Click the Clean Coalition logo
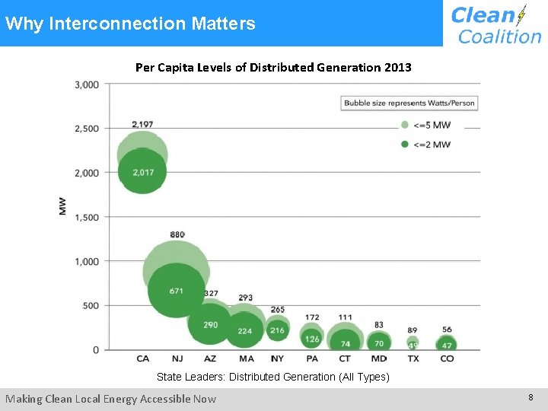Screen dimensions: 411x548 tap(495, 24)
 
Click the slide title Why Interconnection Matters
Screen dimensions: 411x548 tap(130, 24)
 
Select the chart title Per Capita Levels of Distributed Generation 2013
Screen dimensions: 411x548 tap(273, 67)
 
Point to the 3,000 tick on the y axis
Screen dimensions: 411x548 tap(87, 84)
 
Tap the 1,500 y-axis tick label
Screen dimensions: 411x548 tap(87, 217)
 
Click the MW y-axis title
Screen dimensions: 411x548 tap(62, 205)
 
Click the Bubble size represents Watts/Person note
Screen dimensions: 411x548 tap(409, 103)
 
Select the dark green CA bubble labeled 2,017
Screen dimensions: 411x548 tap(142, 172)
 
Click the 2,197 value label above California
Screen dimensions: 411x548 tap(142, 124)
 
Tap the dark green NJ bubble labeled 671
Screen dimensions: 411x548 tap(177, 291)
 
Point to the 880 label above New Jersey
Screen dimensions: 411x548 tap(177, 234)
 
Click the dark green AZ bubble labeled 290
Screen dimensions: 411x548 tap(211, 325)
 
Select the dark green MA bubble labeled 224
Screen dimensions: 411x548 tap(245, 330)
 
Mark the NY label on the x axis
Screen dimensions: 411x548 tap(277, 358)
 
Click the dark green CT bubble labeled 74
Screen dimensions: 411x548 tap(346, 342)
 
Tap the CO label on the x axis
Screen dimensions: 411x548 tap(447, 358)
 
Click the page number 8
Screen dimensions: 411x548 tap(530, 397)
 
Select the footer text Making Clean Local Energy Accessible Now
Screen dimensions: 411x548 tap(111, 399)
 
